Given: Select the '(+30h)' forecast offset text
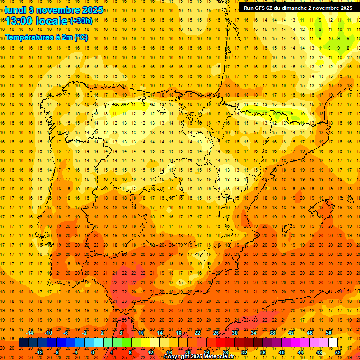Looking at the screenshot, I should coord(81,21).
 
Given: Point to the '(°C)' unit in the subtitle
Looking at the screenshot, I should coord(81,37).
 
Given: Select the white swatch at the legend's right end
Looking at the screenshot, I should coord(333,343).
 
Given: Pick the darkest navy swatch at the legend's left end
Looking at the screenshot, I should coord(23,343).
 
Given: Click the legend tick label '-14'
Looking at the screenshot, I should coord(30,333).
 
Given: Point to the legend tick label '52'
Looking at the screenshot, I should coord(338,352).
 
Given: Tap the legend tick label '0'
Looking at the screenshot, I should coord(93,352).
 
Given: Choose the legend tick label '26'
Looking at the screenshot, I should coord(216,333).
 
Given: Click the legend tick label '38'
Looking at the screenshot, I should coord(272,333).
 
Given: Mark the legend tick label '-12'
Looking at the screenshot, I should coord(39,352).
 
